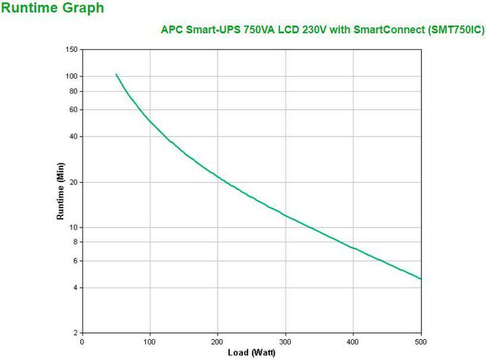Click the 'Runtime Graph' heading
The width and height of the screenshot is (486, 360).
(x=52, y=9)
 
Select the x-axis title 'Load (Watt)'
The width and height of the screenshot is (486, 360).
(x=251, y=352)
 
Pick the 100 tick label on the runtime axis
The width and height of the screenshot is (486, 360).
(x=70, y=76)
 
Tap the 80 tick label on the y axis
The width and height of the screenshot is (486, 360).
(x=72, y=91)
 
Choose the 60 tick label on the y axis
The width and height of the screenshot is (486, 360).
(x=72, y=110)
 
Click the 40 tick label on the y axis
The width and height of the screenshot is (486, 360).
(x=72, y=137)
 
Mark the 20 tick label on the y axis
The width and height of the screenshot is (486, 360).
(x=72, y=182)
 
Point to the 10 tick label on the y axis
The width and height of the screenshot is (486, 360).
(x=72, y=228)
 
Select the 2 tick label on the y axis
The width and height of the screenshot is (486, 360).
(x=74, y=333)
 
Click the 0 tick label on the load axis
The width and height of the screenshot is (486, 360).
(x=82, y=341)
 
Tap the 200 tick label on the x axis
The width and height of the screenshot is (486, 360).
(x=217, y=341)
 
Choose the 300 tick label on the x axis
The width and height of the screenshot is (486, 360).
(x=285, y=341)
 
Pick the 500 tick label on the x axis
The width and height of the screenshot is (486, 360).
(x=420, y=341)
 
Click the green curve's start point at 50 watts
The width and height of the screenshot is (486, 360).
(x=116, y=74)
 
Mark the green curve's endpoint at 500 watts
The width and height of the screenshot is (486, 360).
(x=420, y=279)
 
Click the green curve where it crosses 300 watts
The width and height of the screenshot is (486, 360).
(x=285, y=215)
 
